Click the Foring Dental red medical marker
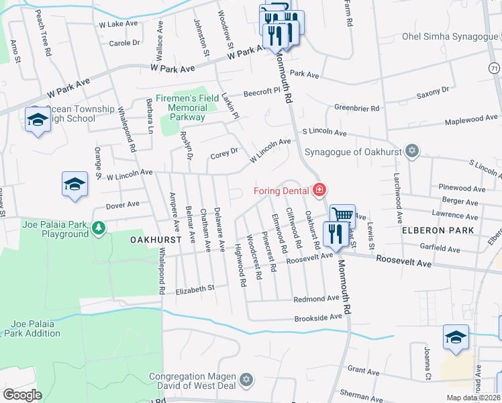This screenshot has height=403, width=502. tap(319, 190)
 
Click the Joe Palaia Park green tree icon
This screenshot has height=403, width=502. tap(99, 228)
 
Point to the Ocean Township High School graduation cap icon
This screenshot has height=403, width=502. tap(38, 120)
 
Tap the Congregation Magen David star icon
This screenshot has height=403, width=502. tap(246, 381)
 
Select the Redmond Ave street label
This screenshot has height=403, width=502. tap(317, 298)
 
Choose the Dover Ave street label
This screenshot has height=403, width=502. tap(123, 204)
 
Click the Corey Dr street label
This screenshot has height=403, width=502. tap(224, 152)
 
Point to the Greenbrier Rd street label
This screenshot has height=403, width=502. tap(360, 107)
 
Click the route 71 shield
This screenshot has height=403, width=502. tap(495, 69)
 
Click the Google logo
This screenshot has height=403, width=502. tap(22, 394)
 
